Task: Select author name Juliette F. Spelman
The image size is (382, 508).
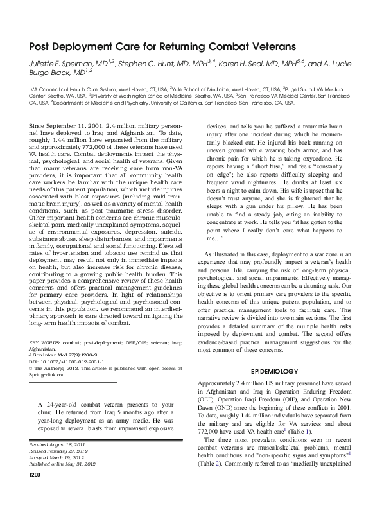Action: tap(56, 65)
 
